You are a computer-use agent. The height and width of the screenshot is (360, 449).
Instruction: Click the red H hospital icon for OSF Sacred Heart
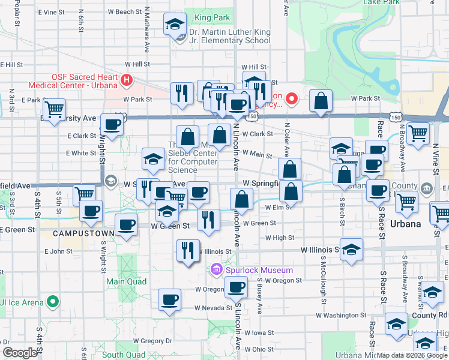point(126,80)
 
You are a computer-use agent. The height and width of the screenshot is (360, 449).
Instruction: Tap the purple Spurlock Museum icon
point(216,271)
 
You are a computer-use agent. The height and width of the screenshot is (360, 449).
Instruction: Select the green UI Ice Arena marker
point(54,302)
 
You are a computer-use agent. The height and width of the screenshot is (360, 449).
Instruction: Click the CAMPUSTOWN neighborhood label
point(79,233)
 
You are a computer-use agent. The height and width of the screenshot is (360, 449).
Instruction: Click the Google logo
point(20,353)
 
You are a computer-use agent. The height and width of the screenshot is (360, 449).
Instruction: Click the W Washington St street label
point(340,315)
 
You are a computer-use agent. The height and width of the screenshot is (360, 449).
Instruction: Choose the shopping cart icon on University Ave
point(54,110)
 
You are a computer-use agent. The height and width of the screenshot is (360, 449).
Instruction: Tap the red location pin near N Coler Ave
point(292,98)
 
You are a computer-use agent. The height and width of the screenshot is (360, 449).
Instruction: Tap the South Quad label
point(125,355)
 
